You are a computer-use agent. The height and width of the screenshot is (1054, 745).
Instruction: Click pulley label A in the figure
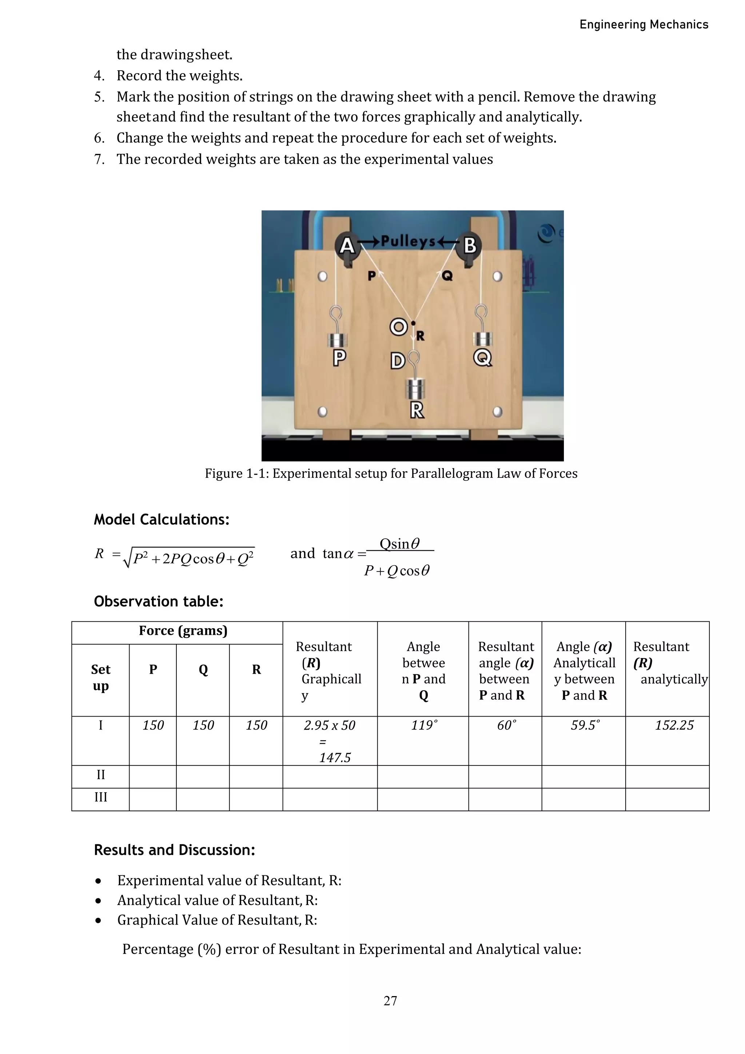[x=347, y=246]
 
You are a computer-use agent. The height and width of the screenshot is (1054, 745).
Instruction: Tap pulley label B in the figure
[x=470, y=245]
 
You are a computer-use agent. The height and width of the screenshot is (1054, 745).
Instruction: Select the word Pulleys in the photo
[x=408, y=241]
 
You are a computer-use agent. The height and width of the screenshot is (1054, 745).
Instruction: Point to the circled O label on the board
[x=398, y=327]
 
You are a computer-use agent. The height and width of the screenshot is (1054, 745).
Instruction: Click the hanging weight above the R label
[x=416, y=388]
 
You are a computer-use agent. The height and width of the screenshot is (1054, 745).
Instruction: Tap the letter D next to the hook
[x=397, y=361]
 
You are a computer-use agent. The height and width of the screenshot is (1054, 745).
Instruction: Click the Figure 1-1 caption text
[x=391, y=473]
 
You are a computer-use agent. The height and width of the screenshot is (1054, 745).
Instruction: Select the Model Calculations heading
[x=162, y=519]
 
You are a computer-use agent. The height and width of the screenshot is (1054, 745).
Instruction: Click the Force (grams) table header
[x=183, y=631]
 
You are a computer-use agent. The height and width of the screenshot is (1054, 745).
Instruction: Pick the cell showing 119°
[x=424, y=725]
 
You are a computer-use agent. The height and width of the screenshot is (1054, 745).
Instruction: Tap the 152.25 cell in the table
[x=674, y=725]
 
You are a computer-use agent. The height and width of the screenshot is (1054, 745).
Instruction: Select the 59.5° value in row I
[x=585, y=725]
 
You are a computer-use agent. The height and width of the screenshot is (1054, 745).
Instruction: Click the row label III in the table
[x=100, y=797]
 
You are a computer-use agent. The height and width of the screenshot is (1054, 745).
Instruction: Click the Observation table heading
[x=158, y=601]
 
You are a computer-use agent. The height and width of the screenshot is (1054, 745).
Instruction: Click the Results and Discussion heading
[x=174, y=850]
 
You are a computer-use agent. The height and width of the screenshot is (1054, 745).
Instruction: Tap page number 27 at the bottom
[x=390, y=1001]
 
